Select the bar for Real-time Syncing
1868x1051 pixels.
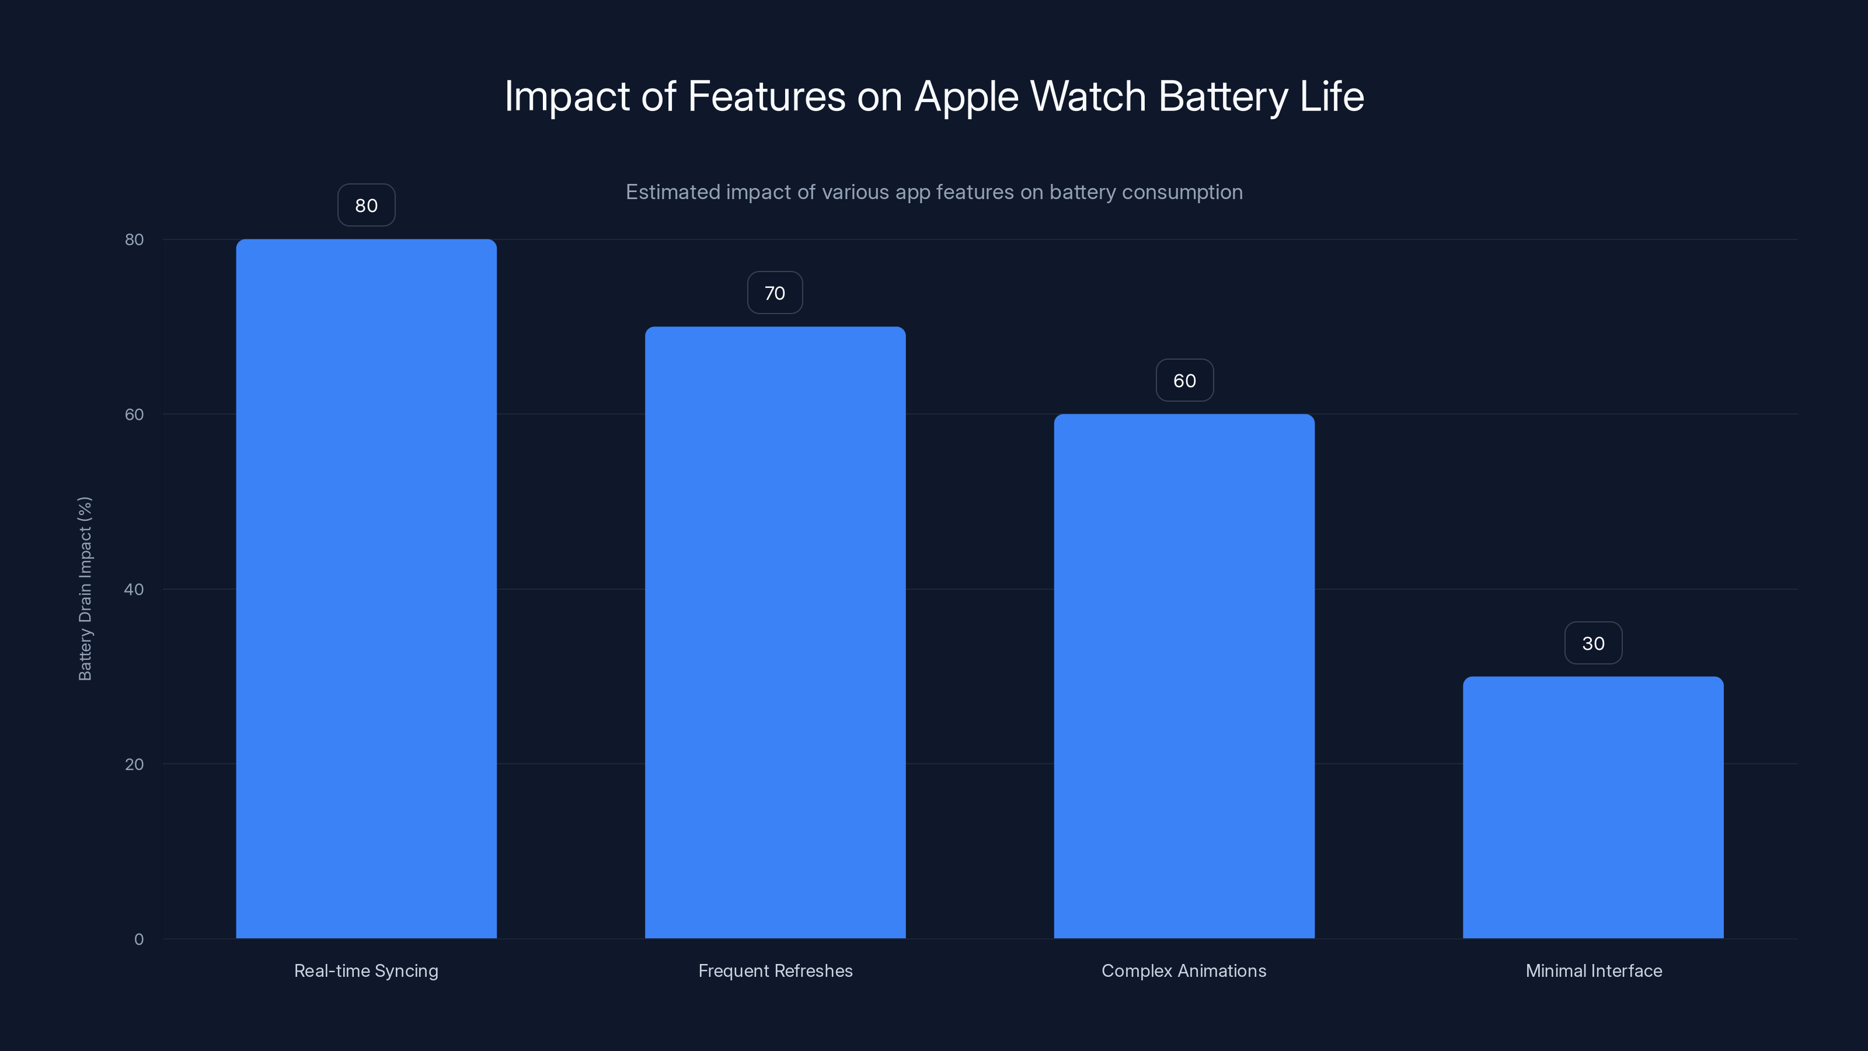pyautogui.click(x=366, y=588)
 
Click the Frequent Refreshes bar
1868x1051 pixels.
pyautogui.click(x=775, y=632)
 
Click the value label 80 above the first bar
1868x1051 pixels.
pyautogui.click(x=366, y=206)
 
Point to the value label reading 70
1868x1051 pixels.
pyautogui.click(x=775, y=293)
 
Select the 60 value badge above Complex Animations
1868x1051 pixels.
pyautogui.click(x=1184, y=381)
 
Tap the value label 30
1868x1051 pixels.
pyautogui.click(x=1593, y=643)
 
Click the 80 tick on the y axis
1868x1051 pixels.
pyautogui.click(x=134, y=239)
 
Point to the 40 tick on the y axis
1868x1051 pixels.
pyautogui.click(x=134, y=589)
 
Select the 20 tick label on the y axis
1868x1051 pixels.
pyautogui.click(x=134, y=764)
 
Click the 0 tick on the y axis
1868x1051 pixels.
pyautogui.click(x=138, y=939)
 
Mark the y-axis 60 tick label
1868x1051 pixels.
pyautogui.click(x=134, y=414)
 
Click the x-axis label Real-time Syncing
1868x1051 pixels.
pyautogui.click(x=366, y=970)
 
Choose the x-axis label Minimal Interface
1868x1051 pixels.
pyautogui.click(x=1593, y=970)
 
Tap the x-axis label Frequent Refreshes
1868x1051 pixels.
pyautogui.click(x=775, y=970)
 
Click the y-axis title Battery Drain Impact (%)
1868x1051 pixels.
pyautogui.click(x=85, y=588)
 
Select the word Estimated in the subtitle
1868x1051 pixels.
pyautogui.click(x=672, y=192)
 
